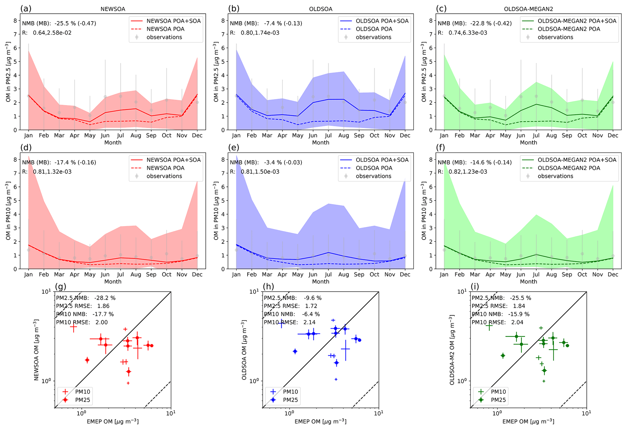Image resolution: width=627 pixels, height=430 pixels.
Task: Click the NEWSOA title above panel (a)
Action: tap(113, 9)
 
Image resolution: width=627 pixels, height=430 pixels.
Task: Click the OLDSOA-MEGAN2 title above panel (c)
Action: tap(528, 9)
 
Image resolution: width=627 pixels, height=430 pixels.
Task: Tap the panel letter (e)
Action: tap(234, 148)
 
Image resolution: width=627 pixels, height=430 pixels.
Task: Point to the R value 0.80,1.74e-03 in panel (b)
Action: tap(260, 33)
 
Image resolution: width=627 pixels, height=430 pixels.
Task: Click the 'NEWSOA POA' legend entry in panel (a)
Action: tap(165, 29)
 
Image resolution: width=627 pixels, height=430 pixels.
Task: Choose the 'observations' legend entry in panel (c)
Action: tap(555, 37)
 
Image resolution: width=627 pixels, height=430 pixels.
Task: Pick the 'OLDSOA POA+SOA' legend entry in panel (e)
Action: tap(382, 160)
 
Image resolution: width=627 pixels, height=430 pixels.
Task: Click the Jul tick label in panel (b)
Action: tap(328, 135)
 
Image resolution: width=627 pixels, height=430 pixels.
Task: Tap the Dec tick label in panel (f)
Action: tap(613, 274)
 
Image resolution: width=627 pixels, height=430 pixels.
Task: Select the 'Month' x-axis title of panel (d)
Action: tap(113, 282)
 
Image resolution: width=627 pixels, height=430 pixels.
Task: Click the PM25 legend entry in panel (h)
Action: tap(290, 400)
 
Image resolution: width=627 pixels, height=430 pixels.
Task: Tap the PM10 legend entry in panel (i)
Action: tap(498, 392)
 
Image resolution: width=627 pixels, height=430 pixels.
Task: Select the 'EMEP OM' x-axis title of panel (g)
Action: tap(113, 422)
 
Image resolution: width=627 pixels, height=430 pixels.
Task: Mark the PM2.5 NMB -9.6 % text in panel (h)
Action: tap(292, 298)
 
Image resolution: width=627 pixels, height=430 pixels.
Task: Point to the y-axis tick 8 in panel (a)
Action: tap(15, 21)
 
